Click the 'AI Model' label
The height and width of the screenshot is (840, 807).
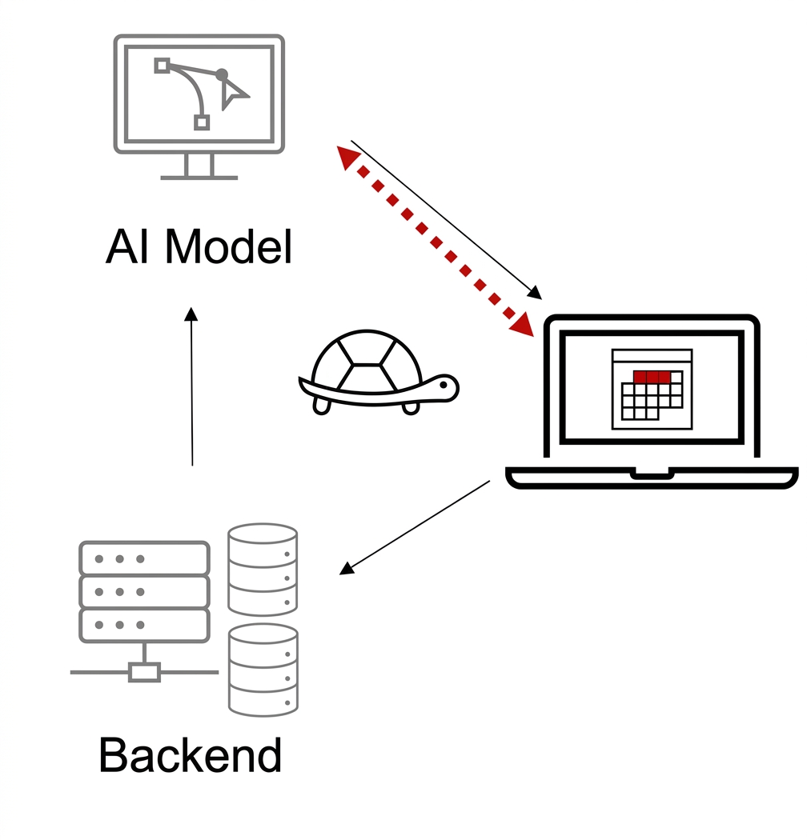[x=199, y=246]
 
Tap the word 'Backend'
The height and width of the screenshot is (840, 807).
[x=191, y=755]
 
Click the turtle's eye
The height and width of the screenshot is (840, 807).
[x=444, y=385]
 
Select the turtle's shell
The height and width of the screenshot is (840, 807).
[x=367, y=362]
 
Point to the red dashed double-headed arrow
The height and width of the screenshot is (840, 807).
[x=435, y=242]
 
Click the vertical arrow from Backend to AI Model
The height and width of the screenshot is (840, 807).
[x=191, y=386]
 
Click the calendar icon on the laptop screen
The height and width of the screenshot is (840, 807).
[x=652, y=389]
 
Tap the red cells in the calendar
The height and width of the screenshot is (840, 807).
[x=652, y=377]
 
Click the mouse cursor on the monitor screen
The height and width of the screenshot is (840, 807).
[x=233, y=94]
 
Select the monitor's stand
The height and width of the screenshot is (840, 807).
[x=199, y=166]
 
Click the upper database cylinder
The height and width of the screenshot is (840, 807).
[x=263, y=569]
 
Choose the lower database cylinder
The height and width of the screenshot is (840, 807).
[x=263, y=670]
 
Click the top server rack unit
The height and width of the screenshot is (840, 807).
[x=144, y=558]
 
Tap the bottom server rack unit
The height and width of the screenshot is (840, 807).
[x=144, y=625]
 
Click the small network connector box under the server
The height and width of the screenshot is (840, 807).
[x=144, y=672]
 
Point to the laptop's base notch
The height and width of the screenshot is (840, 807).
[x=652, y=474]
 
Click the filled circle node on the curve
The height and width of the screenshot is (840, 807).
[x=222, y=74]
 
